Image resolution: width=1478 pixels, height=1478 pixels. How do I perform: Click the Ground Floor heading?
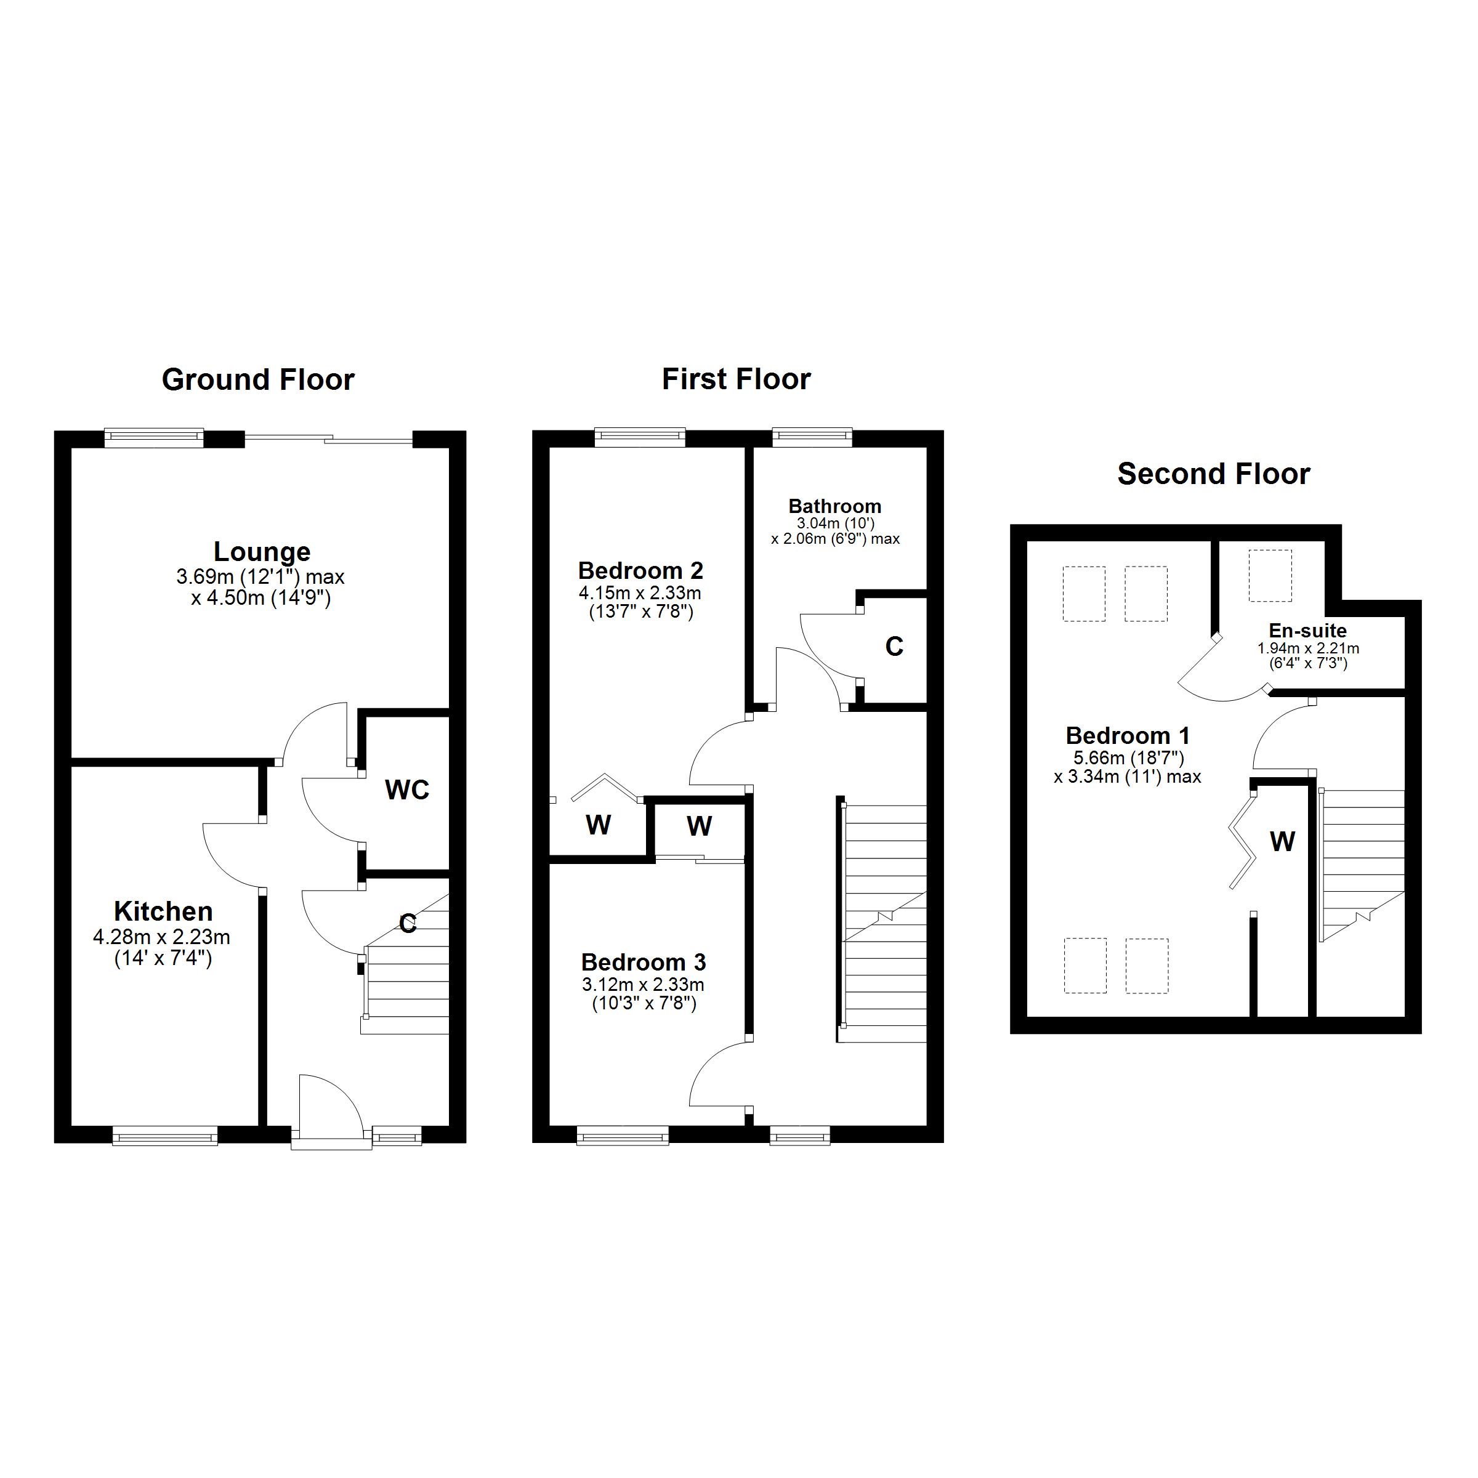[x=258, y=380]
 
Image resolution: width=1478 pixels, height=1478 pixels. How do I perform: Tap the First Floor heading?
[x=736, y=379]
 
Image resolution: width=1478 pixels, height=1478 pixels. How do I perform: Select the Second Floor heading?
[x=1213, y=474]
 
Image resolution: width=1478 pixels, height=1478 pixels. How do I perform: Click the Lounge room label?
[x=262, y=552]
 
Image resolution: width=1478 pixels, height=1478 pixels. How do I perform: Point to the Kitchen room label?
[x=163, y=911]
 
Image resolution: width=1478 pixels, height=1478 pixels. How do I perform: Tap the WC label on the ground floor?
[x=407, y=790]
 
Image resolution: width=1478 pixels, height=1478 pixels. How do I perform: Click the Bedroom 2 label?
[x=640, y=571]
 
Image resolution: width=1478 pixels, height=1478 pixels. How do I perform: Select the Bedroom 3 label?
[x=644, y=963]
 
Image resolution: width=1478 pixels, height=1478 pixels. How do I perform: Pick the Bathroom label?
[x=834, y=506]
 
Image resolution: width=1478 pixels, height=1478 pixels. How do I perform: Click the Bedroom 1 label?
[x=1128, y=736]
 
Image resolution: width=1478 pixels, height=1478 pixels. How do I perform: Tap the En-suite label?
[x=1307, y=631]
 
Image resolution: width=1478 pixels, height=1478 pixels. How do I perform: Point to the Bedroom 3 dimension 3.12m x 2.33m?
[x=644, y=985]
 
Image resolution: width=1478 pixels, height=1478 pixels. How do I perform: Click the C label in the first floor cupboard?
[x=894, y=647]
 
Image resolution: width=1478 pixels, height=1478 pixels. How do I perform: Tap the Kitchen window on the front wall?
[x=164, y=1135]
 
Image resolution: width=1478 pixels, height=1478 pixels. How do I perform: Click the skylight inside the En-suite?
[x=1270, y=575]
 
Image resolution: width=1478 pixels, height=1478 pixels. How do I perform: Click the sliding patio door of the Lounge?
[x=328, y=438]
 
